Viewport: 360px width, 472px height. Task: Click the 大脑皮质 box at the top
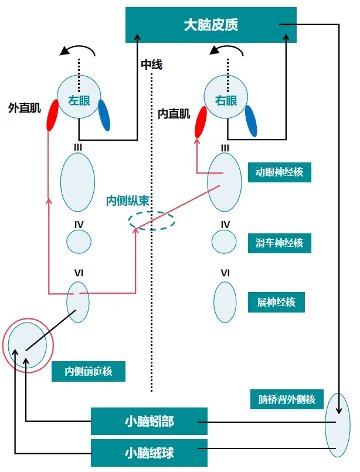[x=211, y=25]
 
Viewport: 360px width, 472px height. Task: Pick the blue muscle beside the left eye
[x=104, y=115]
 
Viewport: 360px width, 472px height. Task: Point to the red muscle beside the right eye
[x=201, y=121]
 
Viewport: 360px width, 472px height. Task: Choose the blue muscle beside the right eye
[x=250, y=120]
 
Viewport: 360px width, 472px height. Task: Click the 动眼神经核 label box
[x=279, y=172]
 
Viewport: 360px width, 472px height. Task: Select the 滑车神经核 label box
[x=279, y=242]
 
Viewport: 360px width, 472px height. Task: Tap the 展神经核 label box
[x=276, y=303]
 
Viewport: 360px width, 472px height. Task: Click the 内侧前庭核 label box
[x=88, y=371]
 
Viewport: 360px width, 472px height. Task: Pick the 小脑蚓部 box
[x=149, y=422]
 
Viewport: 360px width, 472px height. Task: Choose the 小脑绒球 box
[x=149, y=453]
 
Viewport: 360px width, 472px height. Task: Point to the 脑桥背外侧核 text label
[x=287, y=400]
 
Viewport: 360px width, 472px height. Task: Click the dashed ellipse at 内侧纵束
[x=152, y=220]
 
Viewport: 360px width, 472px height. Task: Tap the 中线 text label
[x=151, y=64]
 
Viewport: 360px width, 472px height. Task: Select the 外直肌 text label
[x=25, y=108]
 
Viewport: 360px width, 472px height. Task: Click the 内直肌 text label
[x=174, y=114]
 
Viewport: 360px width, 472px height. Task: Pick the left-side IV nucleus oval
[x=79, y=241]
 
